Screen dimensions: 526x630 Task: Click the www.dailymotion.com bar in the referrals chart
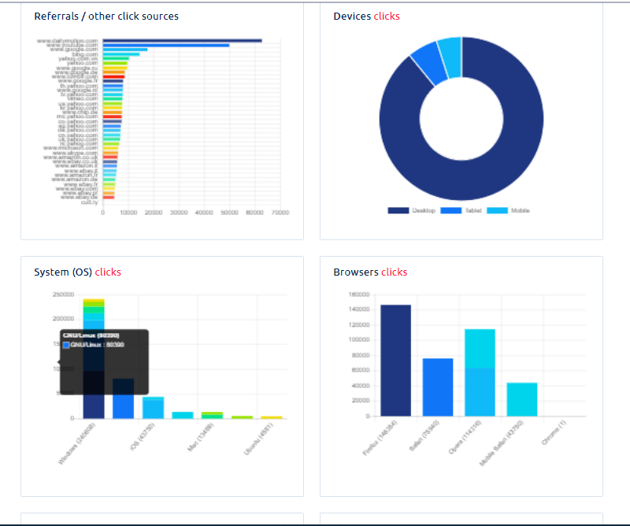(x=182, y=40)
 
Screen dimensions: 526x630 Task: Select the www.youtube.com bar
(x=165, y=45)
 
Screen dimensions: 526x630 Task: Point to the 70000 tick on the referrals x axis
(x=280, y=212)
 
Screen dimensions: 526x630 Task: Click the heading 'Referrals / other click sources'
(x=106, y=16)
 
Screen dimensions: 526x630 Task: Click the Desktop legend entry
(x=406, y=210)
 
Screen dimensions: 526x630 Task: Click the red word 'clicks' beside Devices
(x=387, y=16)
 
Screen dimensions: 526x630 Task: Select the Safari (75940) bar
(x=438, y=387)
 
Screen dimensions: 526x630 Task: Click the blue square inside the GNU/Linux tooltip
(x=66, y=344)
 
